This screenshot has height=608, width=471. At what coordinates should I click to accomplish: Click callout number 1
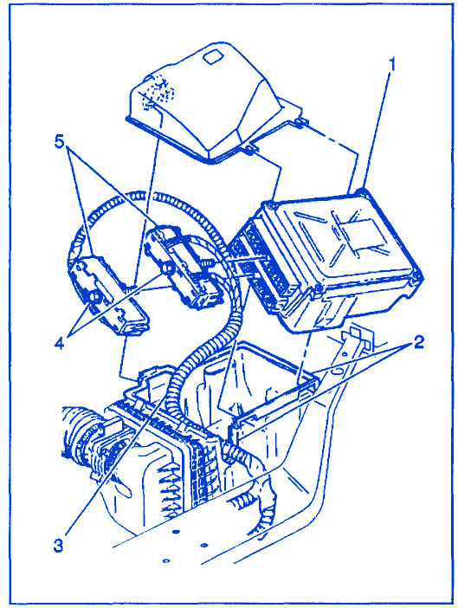tap(392, 64)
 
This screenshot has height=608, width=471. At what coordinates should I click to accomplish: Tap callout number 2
tap(418, 342)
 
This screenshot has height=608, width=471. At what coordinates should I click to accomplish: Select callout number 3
tap(58, 546)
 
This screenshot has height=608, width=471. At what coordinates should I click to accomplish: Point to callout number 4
tap(59, 342)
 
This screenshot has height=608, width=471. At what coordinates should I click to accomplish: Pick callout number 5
tap(59, 142)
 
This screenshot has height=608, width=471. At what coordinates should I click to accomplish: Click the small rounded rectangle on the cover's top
tap(213, 56)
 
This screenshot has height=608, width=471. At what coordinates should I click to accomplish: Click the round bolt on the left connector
tap(94, 297)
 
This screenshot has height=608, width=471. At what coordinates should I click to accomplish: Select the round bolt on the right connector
tap(167, 268)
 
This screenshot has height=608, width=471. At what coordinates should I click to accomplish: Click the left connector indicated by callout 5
tap(108, 293)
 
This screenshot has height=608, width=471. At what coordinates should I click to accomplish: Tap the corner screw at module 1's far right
tap(417, 275)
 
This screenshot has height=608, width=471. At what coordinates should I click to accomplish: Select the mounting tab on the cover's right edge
tap(299, 122)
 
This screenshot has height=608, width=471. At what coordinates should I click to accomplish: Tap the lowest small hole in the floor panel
tap(166, 560)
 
